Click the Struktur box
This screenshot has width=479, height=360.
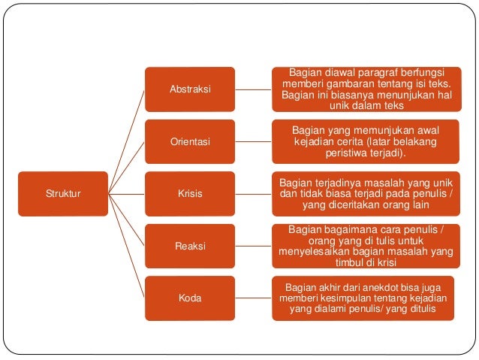[x=63, y=193]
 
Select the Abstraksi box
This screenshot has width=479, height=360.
[x=190, y=89]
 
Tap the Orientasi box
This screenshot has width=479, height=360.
[x=190, y=141]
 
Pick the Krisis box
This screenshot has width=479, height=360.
[x=190, y=193]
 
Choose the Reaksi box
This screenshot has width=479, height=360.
[x=190, y=246]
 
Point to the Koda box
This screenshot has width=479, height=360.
[x=190, y=298]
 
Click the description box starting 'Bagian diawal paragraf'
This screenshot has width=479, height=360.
[x=366, y=89]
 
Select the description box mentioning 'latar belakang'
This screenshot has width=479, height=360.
[x=366, y=141]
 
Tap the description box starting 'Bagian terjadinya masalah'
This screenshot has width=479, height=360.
[x=366, y=193]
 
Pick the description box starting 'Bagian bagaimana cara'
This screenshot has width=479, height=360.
[x=366, y=246]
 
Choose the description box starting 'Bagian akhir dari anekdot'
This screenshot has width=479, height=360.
[x=366, y=298]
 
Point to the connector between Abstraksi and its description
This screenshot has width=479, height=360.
[x=253, y=89]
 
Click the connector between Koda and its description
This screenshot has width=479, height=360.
[x=253, y=298]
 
